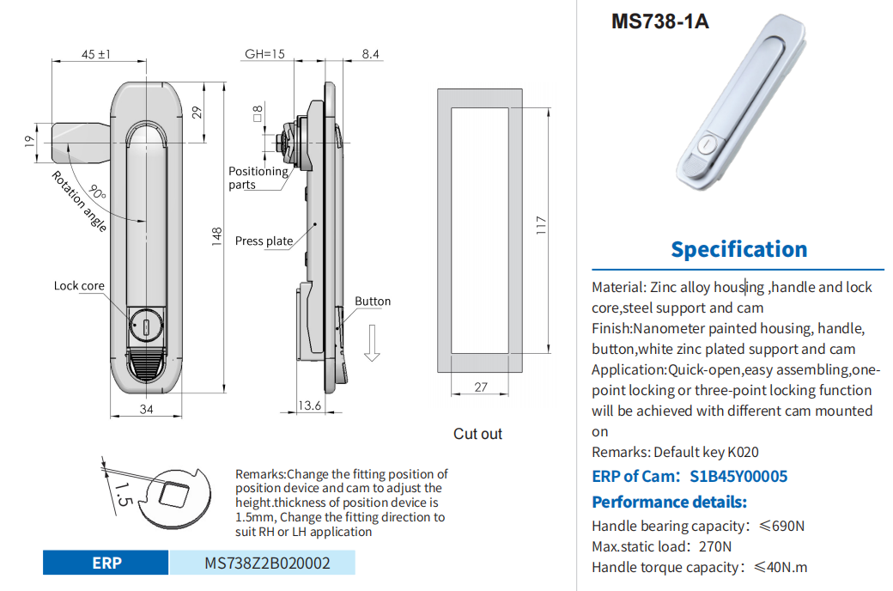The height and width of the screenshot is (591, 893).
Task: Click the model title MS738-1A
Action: [x=659, y=21]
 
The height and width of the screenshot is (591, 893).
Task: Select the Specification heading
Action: [x=738, y=249]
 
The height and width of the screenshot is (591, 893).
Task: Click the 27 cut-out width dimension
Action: [x=481, y=387]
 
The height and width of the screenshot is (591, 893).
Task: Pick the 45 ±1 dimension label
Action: [x=96, y=54]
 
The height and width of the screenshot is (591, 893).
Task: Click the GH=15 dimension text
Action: [x=264, y=54]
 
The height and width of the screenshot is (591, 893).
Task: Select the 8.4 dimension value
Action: [x=370, y=54]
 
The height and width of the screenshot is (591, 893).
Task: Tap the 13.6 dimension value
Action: [x=309, y=405]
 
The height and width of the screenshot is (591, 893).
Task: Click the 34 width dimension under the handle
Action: [x=147, y=410]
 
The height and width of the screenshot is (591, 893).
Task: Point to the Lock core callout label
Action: [x=79, y=286]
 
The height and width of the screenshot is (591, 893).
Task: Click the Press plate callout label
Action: [x=264, y=241]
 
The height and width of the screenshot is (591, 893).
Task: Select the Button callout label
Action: [x=373, y=302]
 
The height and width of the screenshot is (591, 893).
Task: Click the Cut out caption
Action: [x=477, y=434]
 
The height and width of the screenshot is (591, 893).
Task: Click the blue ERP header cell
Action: [x=106, y=564]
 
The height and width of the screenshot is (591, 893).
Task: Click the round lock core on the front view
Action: [x=147, y=326]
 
